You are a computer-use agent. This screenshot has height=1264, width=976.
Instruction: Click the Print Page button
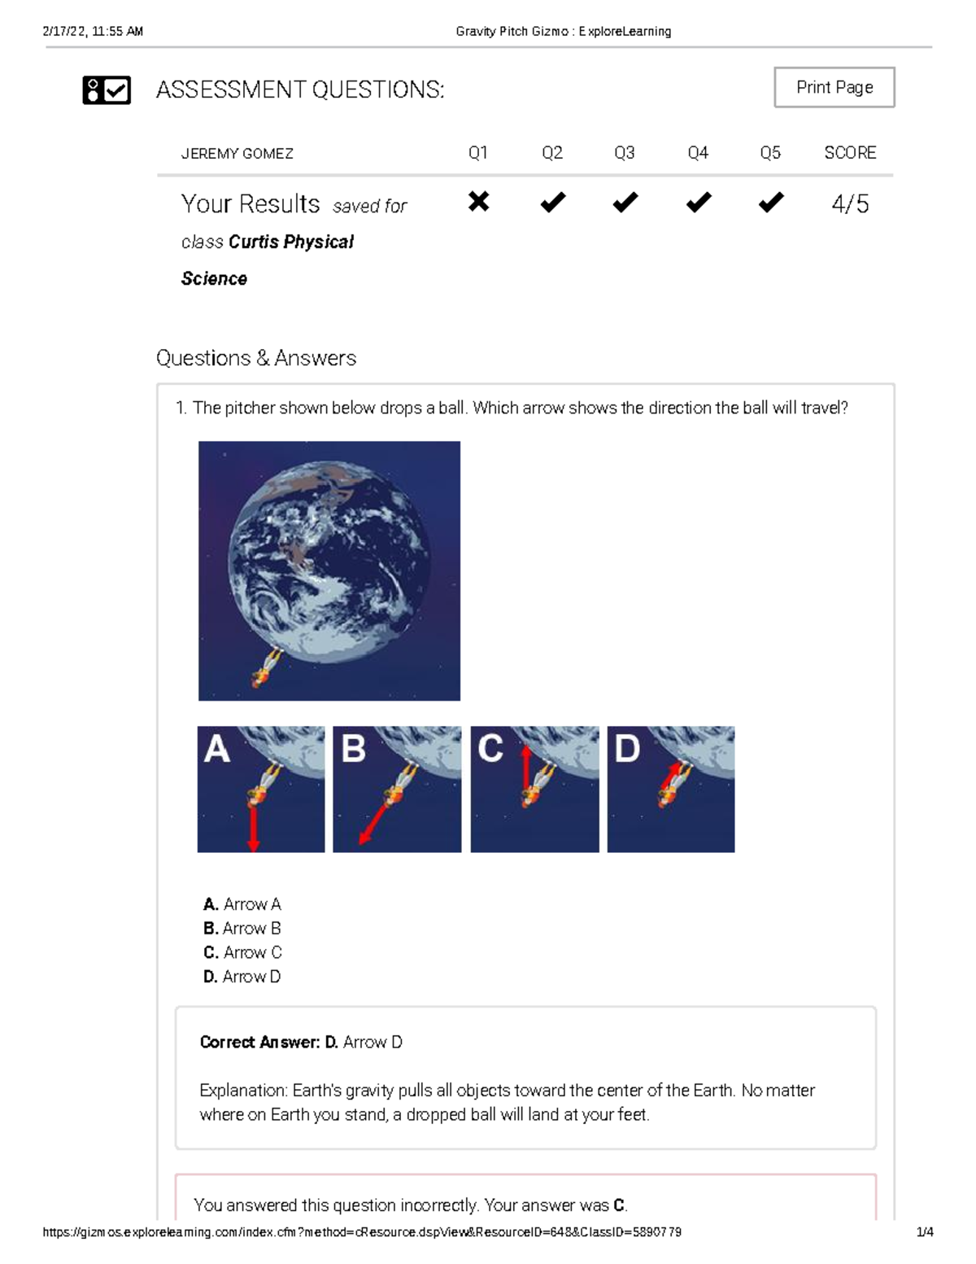pos(834,87)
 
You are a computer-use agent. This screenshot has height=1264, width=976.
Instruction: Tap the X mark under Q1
pos(478,201)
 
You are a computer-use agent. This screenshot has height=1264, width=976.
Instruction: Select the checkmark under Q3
pos(625,202)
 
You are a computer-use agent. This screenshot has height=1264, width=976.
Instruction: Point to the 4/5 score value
pos(850,203)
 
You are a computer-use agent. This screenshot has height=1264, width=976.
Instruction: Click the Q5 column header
pos(770,153)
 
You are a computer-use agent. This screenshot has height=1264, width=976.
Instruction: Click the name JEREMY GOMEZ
pos(237,154)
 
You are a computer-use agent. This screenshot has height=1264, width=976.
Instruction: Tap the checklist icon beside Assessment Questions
pos(107,90)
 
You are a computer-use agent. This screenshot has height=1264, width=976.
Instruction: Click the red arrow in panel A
pos(253,827)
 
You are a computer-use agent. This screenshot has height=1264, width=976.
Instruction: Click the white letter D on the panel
pos(627,749)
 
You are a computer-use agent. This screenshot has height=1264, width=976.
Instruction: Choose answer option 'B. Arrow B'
pos(242,928)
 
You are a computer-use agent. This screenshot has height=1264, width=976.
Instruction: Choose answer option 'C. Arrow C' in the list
pos(242,952)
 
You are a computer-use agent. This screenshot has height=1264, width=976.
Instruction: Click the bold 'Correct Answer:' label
pos(259,1042)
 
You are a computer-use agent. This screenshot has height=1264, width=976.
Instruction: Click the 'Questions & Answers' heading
pos(256,358)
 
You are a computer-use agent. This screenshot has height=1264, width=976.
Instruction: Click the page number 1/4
pos(925,1231)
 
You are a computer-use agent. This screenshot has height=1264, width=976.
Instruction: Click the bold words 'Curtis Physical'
pos(290,242)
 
